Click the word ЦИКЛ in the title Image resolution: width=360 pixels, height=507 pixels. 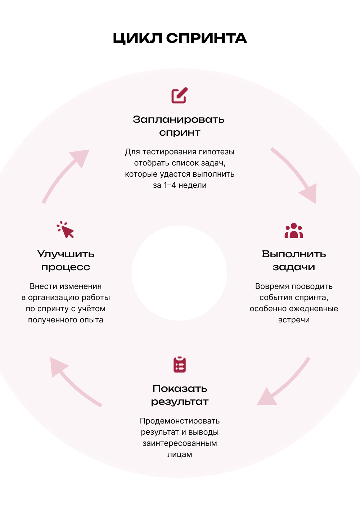138,38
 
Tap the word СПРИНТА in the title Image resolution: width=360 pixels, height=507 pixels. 206,38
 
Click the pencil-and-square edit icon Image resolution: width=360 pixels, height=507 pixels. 180,95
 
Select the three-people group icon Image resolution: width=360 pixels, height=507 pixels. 294,230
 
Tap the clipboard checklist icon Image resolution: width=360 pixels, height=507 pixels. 180,365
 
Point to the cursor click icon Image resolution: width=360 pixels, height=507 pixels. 65,230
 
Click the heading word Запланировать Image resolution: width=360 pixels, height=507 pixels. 179,119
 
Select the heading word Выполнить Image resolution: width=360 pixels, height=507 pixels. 294,254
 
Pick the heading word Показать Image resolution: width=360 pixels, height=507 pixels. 180,389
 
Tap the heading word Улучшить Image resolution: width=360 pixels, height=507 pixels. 66,254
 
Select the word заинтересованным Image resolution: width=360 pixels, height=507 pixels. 180,443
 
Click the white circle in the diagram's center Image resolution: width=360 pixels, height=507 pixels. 179,273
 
